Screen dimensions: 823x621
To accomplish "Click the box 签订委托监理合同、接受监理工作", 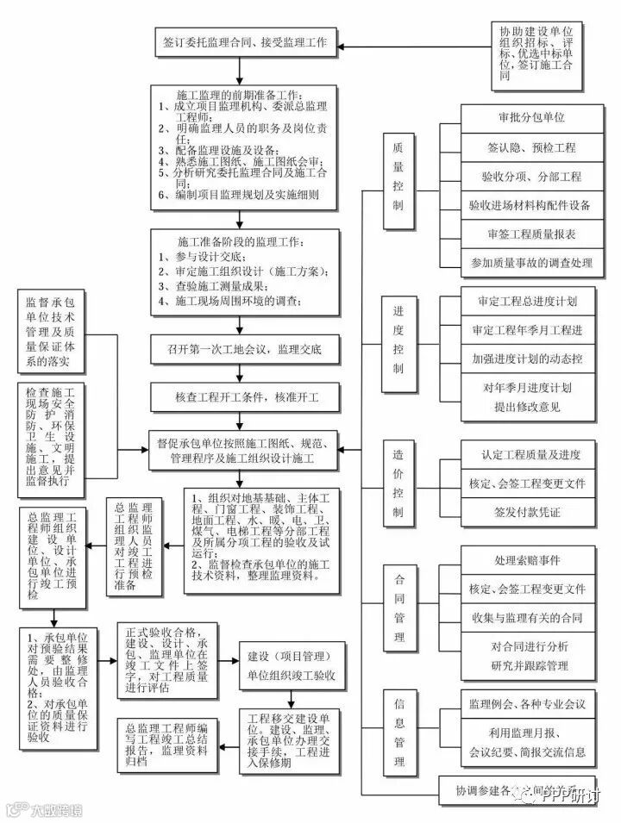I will [x=244, y=41].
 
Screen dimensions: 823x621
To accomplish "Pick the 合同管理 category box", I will [x=399, y=608].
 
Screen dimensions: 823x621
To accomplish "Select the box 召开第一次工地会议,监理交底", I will [x=244, y=351].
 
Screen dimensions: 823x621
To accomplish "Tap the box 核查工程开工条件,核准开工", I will [x=244, y=397].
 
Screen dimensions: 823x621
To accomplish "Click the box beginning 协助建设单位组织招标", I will [x=531, y=53].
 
